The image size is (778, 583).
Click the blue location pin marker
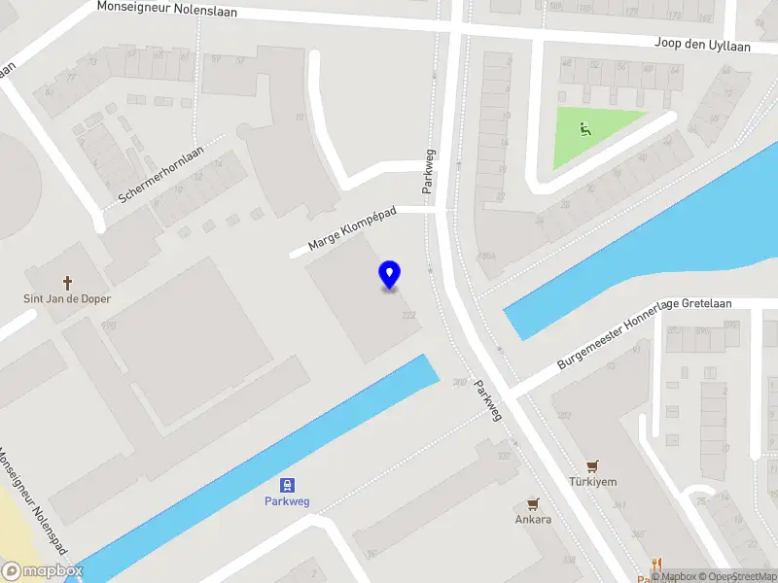pyautogui.click(x=390, y=275)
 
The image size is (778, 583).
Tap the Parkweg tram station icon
pyautogui.click(x=288, y=485)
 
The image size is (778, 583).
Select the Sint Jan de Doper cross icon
pyautogui.click(x=68, y=283)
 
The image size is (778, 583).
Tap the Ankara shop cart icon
pyautogui.click(x=533, y=503)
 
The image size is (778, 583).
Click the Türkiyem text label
pyautogui.click(x=593, y=481)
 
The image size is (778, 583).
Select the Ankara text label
pyautogui.click(x=533, y=519)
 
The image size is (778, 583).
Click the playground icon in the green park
pyautogui.click(x=584, y=128)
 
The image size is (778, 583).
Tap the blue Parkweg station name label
pyautogui.click(x=288, y=501)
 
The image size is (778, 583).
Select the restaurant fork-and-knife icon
pyautogui.click(x=657, y=564)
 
